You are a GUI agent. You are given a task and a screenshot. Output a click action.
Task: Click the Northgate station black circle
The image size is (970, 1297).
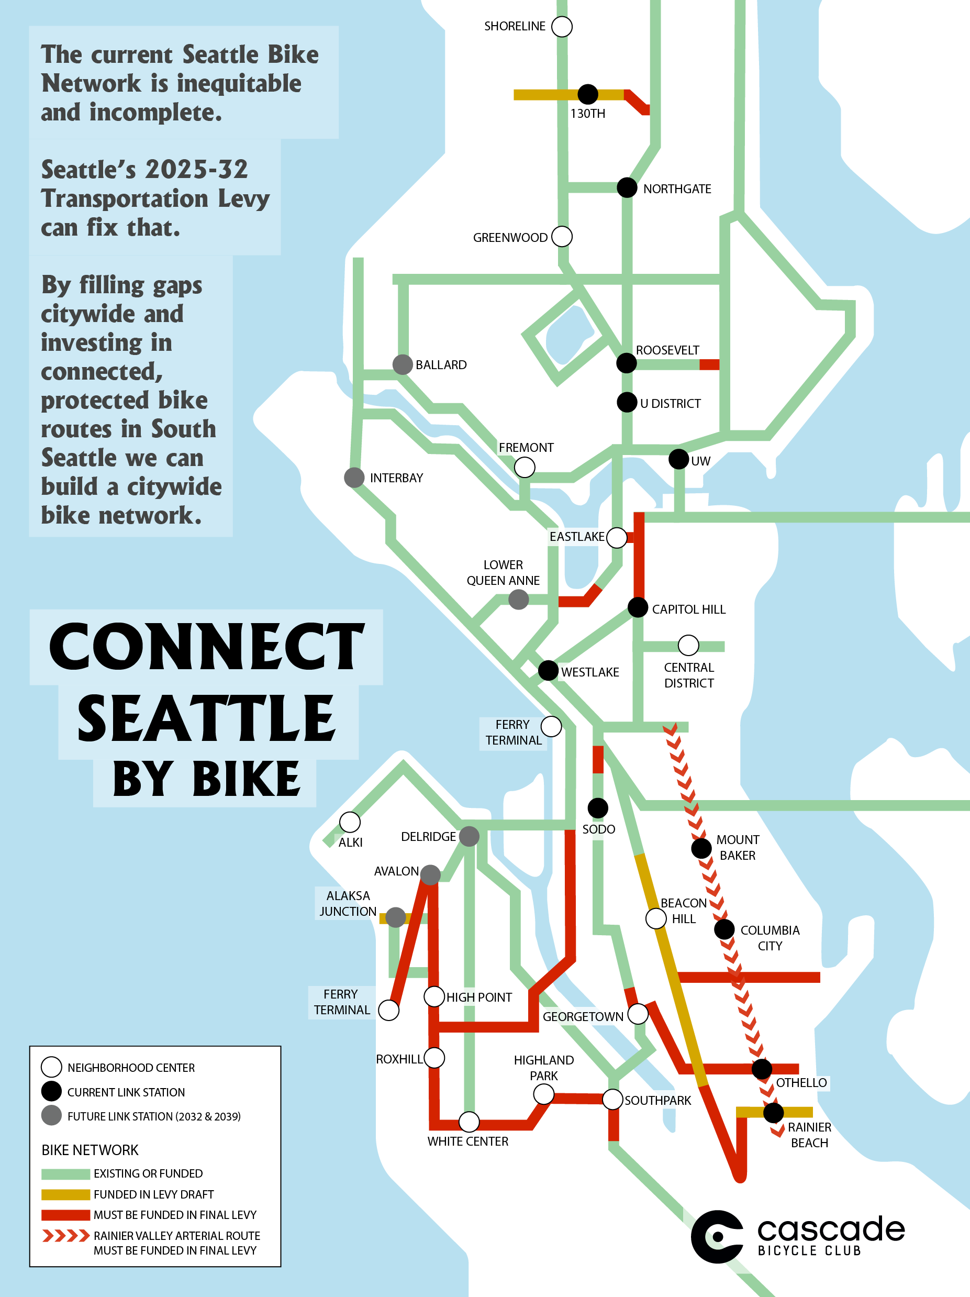(627, 187)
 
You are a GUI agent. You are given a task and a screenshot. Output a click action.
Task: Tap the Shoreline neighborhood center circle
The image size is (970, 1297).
(562, 26)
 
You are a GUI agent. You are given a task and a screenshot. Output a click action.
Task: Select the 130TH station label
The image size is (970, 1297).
(587, 114)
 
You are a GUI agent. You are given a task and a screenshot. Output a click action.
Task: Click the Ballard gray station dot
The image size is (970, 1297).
(402, 364)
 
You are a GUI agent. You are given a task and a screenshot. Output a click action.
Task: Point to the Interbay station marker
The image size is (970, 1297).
(354, 478)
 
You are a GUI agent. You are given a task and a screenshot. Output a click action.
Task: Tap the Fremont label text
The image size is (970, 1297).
(526, 447)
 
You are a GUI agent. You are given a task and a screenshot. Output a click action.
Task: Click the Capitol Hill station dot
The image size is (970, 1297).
(638, 607)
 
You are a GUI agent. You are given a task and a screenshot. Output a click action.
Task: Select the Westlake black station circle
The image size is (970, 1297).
(548, 670)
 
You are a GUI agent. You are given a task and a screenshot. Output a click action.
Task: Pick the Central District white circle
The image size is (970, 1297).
(688, 645)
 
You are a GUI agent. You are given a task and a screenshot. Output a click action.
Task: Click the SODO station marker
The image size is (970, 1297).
(597, 808)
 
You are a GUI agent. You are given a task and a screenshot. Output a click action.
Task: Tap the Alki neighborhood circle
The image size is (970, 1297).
(350, 822)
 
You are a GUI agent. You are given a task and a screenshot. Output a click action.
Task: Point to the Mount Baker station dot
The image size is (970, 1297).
(701, 848)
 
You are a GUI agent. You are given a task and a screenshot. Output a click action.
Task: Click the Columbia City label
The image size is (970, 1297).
(770, 938)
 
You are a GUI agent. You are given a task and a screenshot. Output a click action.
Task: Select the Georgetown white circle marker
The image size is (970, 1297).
(638, 1013)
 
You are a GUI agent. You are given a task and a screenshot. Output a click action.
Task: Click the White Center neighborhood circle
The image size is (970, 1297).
(469, 1122)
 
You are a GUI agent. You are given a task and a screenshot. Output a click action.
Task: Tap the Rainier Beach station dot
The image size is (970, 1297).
(773, 1112)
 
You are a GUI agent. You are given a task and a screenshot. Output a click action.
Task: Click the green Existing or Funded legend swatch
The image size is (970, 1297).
(65, 1174)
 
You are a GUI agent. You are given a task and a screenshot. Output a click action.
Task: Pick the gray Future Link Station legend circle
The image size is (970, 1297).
(52, 1116)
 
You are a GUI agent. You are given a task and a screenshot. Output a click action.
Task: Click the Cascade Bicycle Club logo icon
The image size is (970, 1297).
(716, 1236)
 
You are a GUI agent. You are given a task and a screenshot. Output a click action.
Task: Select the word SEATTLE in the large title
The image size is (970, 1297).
(206, 719)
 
